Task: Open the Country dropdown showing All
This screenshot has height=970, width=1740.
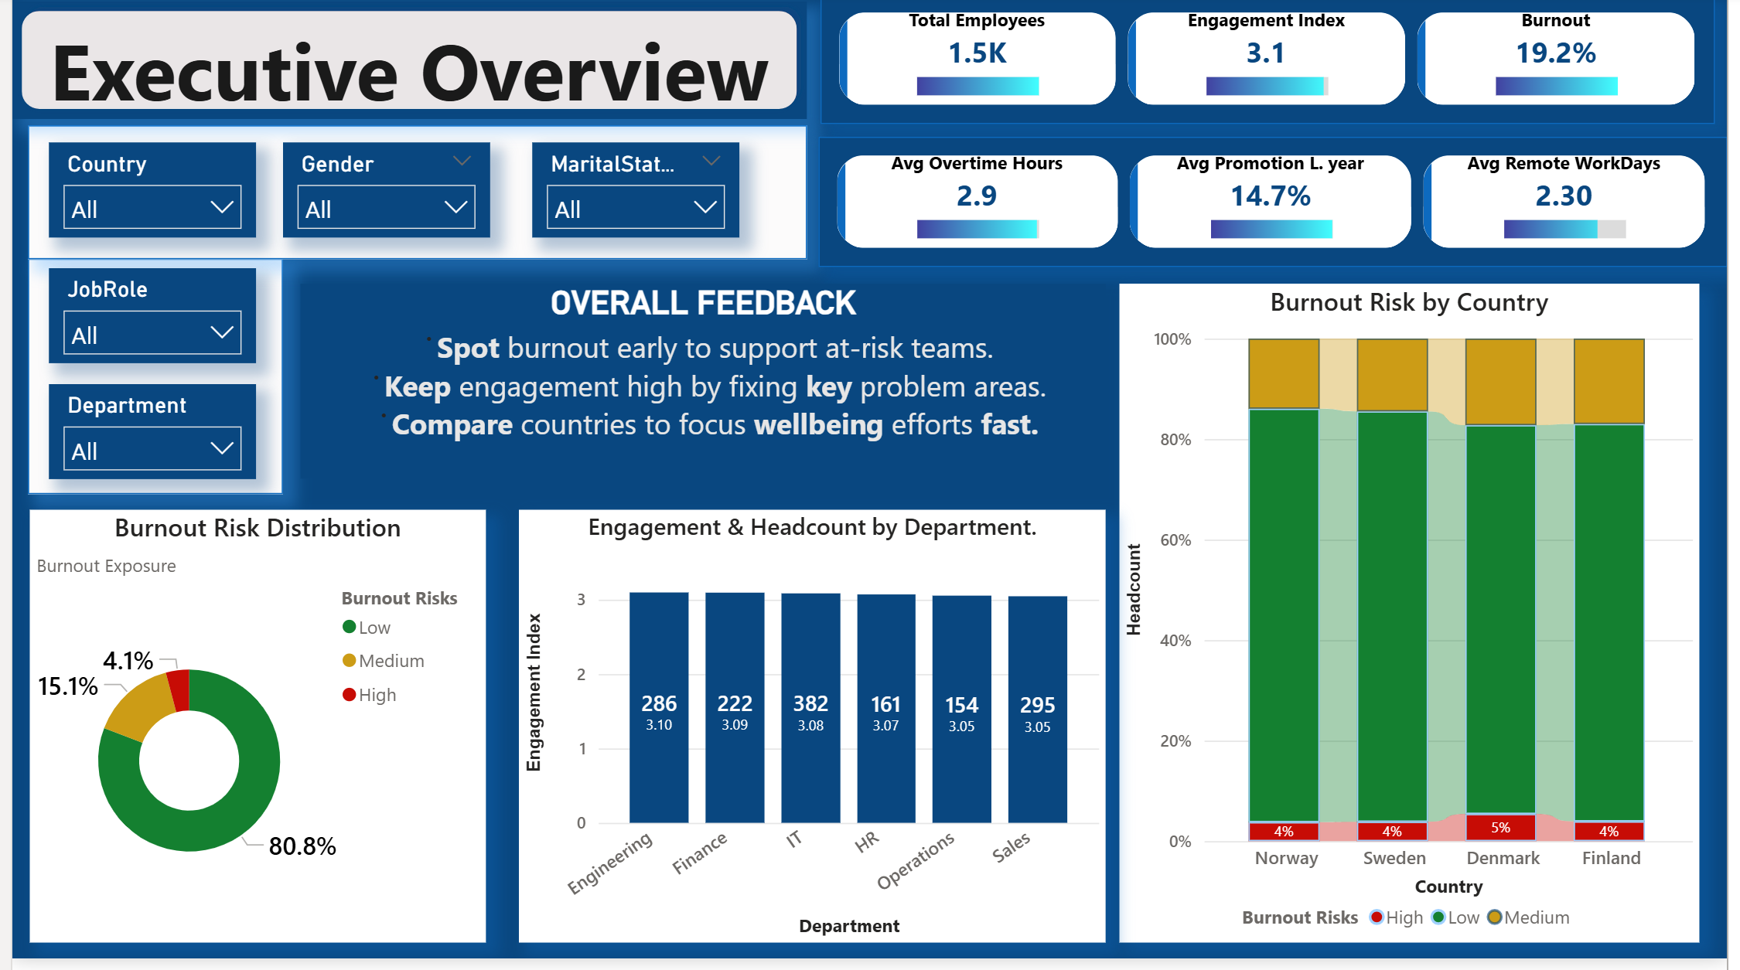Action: click(152, 208)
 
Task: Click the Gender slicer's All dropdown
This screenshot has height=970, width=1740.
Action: click(386, 208)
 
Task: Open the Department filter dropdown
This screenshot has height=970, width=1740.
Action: click(152, 450)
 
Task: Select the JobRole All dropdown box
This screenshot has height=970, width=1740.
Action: click(152, 334)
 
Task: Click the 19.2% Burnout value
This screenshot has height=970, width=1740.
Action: click(1555, 53)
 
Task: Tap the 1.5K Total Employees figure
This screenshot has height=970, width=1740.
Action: click(977, 53)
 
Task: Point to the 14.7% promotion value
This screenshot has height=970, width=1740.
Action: click(1270, 196)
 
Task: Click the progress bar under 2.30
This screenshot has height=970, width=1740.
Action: click(1564, 230)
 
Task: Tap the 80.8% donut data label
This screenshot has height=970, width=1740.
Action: click(302, 846)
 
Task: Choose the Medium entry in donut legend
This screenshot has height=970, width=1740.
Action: click(391, 661)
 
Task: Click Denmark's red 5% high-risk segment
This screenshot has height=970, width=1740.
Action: click(1500, 827)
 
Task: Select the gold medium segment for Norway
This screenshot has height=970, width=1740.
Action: click(1284, 373)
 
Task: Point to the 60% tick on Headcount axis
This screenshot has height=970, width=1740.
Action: click(1175, 540)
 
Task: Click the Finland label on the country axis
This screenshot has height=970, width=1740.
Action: click(1611, 858)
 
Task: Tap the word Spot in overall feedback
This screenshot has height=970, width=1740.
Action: click(468, 349)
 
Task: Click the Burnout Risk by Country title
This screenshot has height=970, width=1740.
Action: click(1408, 302)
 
